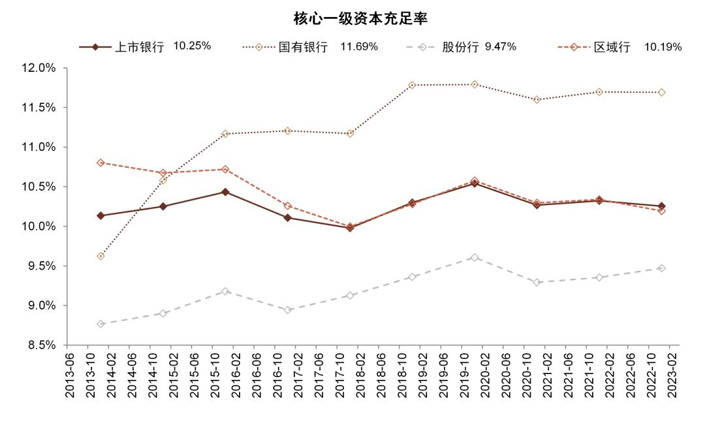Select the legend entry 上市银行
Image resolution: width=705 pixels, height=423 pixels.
(139, 47)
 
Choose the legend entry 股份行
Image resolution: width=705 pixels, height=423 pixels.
(461, 47)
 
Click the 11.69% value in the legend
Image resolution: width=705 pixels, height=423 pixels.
(359, 47)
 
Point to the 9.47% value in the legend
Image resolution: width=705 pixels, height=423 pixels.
(501, 47)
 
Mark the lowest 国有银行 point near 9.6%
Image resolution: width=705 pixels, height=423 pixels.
(101, 256)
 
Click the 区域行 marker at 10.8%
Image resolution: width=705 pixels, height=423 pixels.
(101, 163)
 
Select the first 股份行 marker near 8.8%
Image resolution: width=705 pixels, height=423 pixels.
(101, 324)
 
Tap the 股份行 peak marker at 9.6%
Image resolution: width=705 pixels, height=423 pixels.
(475, 258)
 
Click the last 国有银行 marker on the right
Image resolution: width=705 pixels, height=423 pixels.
(661, 93)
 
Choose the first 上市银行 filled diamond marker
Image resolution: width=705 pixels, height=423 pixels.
(101, 215)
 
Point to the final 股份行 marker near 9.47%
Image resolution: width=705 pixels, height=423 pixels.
(661, 268)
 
